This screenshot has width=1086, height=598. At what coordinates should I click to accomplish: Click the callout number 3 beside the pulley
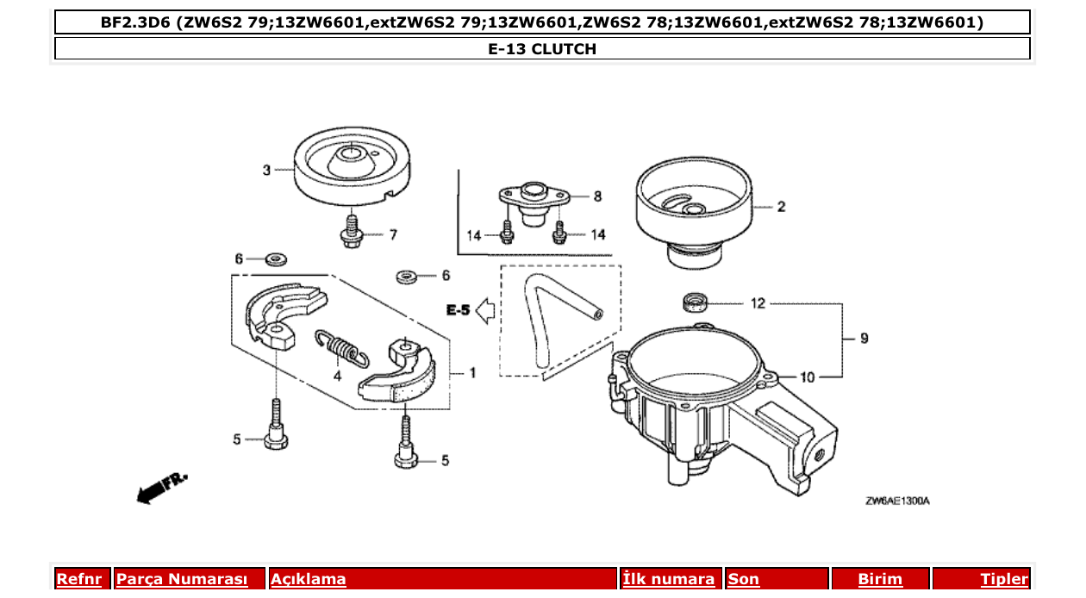(x=266, y=170)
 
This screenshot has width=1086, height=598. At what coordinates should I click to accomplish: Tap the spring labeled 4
(x=342, y=348)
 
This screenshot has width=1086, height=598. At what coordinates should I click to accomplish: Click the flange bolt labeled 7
(x=351, y=234)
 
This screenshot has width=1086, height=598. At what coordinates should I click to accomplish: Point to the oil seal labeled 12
(x=694, y=302)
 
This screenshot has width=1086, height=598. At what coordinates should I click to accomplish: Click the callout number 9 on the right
(x=864, y=339)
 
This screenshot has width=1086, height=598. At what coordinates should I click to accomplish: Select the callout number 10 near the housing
(x=807, y=377)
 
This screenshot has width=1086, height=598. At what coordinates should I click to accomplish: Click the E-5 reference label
(x=458, y=309)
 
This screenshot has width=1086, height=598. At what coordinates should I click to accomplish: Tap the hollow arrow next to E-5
(x=484, y=309)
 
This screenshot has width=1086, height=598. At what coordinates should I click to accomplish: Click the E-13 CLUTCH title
(x=542, y=49)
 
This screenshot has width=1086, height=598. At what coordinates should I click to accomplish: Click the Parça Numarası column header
(x=182, y=579)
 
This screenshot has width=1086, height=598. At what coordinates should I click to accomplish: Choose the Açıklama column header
(x=309, y=579)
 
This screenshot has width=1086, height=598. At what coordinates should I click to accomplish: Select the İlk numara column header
(x=669, y=579)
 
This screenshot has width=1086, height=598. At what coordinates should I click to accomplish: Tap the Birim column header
(x=880, y=579)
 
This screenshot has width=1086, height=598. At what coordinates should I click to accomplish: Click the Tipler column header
(x=1004, y=579)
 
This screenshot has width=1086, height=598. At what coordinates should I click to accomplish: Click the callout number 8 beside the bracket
(x=597, y=196)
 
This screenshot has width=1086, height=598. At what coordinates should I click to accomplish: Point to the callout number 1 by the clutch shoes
(x=472, y=373)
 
